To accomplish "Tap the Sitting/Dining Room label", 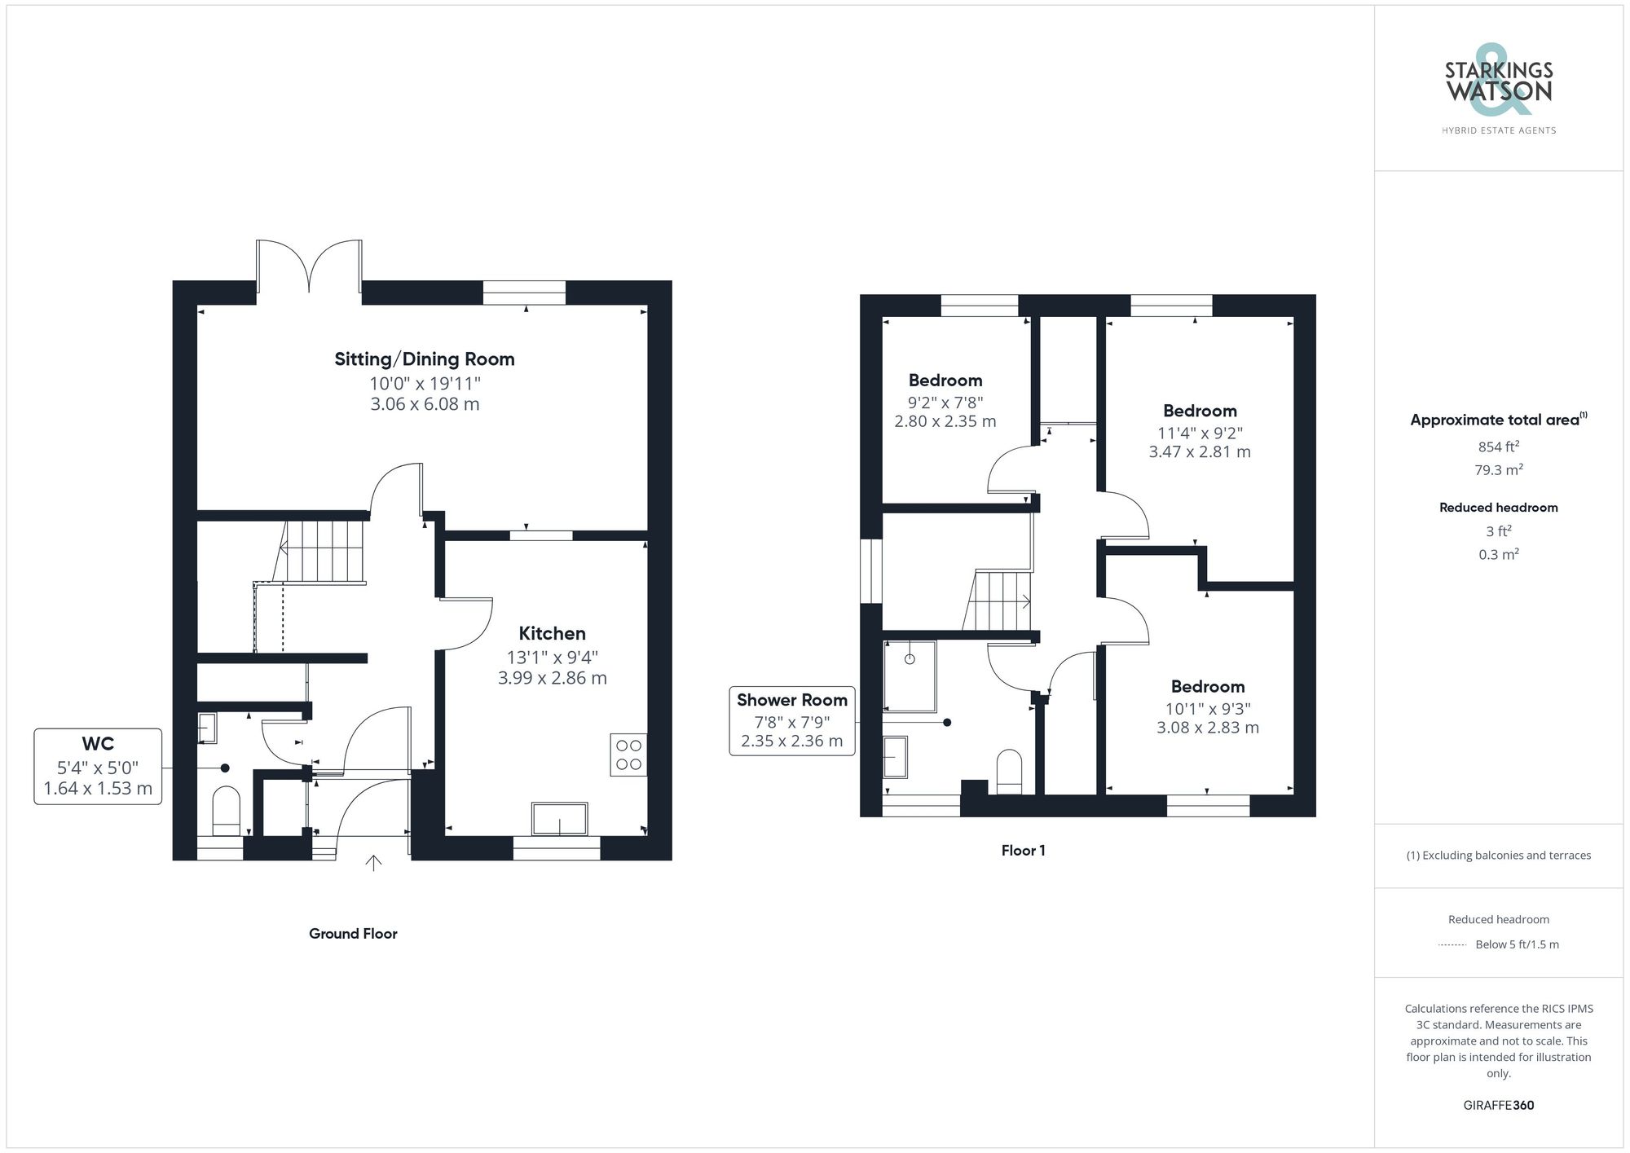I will [424, 359].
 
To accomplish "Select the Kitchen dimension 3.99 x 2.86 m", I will [552, 678].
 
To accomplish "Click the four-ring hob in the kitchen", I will [628, 755].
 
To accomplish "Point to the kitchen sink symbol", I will [559, 819].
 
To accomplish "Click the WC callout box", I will [98, 766].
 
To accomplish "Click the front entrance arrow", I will [373, 863].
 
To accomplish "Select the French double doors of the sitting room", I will [309, 265].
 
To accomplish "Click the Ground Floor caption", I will [353, 934].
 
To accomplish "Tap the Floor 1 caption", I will [1023, 851].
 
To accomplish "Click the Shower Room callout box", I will [791, 720].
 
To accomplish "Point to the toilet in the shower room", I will [1009, 771].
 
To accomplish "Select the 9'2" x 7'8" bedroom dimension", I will [945, 402].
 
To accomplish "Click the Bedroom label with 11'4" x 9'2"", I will [1200, 411].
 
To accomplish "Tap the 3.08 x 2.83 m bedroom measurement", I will [1207, 728].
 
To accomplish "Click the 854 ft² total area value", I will [1498, 447].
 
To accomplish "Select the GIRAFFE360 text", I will [1498, 1106].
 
